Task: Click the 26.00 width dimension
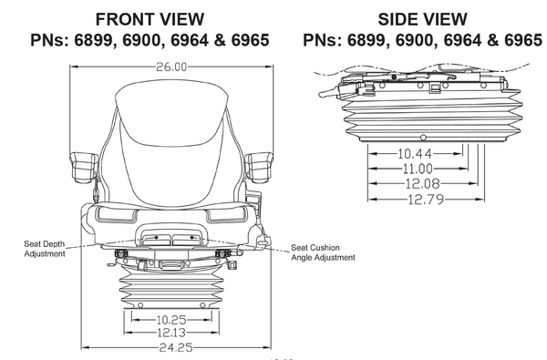point(171,67)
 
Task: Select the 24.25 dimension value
point(171,347)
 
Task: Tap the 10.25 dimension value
point(171,320)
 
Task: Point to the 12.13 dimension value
point(171,333)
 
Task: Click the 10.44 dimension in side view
point(415,153)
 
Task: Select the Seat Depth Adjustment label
point(45,248)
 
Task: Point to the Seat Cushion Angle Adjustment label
point(323,252)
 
